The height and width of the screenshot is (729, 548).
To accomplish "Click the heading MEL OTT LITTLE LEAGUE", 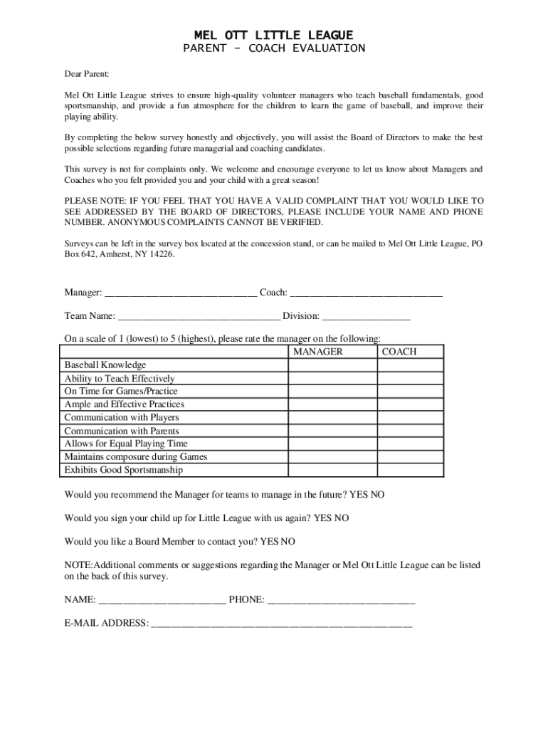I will [x=274, y=35].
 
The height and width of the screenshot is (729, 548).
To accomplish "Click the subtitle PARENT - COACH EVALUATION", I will [x=274, y=48].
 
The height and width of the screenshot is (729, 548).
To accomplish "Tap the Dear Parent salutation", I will [x=87, y=73].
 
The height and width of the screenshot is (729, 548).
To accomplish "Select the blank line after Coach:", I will [x=367, y=293].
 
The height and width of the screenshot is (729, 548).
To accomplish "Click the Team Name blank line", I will [x=199, y=316].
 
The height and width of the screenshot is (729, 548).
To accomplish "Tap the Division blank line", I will [x=367, y=316].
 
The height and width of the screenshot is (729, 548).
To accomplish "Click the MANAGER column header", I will [x=318, y=352].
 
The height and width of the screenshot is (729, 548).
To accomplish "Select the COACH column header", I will [x=399, y=352].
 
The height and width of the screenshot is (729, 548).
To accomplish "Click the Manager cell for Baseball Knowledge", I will [x=332, y=365].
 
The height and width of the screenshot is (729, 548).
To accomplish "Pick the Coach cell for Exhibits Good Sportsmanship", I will [x=410, y=470].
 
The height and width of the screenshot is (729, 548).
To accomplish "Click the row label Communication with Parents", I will [x=122, y=431].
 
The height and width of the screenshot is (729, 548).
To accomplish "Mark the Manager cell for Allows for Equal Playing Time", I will [x=332, y=444].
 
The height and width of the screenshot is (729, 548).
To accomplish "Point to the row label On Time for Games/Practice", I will [x=121, y=392].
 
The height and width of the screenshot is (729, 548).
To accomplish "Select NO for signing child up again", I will [x=342, y=518].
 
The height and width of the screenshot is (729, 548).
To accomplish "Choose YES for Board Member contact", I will [x=269, y=541].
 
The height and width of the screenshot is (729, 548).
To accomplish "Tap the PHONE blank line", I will [x=341, y=600].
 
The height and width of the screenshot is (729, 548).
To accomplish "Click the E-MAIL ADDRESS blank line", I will [x=282, y=624].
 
